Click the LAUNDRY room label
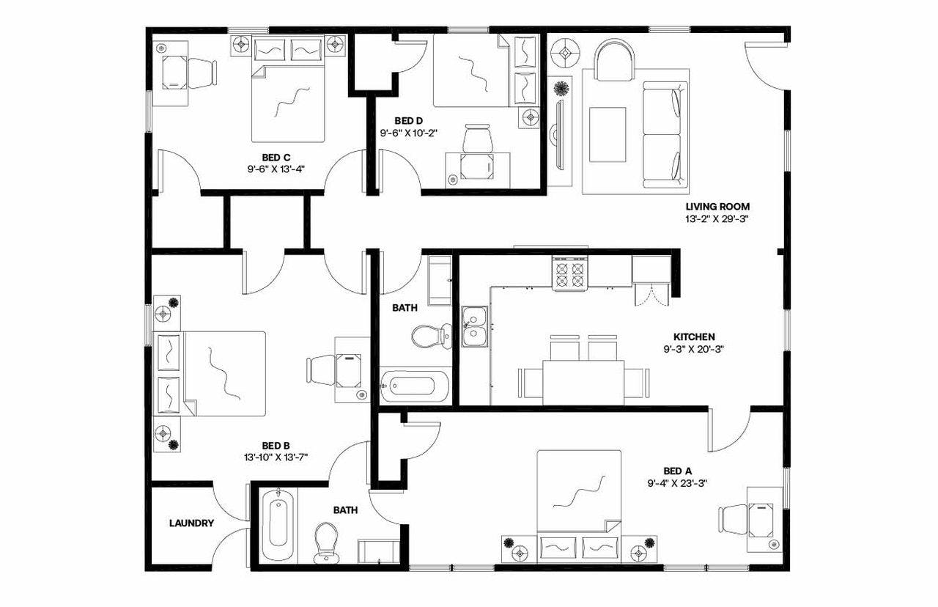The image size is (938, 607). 191,523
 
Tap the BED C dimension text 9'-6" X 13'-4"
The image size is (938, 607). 276,169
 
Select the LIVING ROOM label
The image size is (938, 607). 717,207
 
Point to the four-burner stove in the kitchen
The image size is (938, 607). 571,275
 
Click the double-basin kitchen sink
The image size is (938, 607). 476,327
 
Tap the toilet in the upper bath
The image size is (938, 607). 429,336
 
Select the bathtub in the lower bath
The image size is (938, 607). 278,522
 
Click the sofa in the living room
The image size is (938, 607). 665,134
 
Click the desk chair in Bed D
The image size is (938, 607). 478,139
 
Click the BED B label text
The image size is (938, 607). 276,445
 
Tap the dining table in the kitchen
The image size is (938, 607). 583,381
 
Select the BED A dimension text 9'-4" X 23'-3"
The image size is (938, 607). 676,482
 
